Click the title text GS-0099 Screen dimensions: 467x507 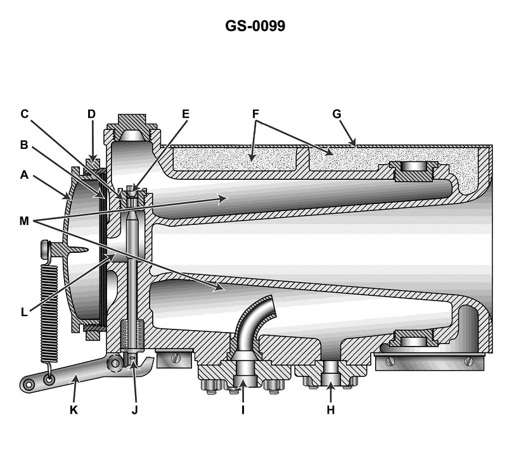pyautogui.click(x=253, y=27)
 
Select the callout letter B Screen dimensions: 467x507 pyautogui.click(x=24, y=144)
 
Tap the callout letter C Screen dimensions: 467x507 pyautogui.click(x=24, y=114)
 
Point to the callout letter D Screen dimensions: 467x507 pyautogui.click(x=92, y=114)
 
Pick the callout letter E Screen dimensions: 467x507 pyautogui.click(x=186, y=114)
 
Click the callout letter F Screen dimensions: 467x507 pyautogui.click(x=255, y=114)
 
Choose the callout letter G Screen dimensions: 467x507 pyautogui.click(x=337, y=114)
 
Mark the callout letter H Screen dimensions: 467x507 pyautogui.click(x=330, y=409)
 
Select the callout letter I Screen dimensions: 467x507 pyautogui.click(x=243, y=409)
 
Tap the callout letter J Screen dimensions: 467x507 pyautogui.click(x=134, y=409)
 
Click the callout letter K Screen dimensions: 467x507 pyautogui.click(x=73, y=409)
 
